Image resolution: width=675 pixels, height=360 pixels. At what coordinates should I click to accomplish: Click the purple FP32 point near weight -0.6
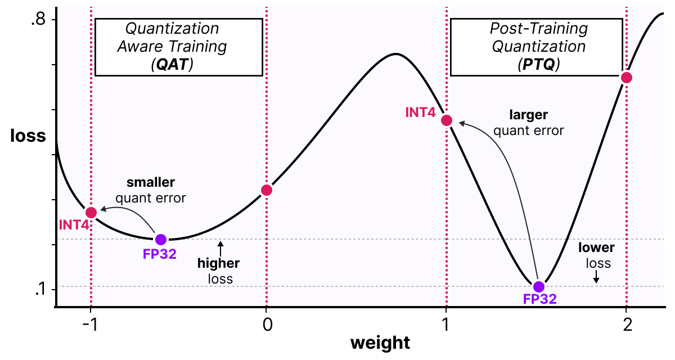click(161, 239)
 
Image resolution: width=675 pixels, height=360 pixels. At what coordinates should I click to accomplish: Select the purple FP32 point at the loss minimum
click(539, 287)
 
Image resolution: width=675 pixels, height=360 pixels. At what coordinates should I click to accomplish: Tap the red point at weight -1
click(91, 212)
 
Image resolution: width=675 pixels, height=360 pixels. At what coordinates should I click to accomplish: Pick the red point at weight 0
click(267, 190)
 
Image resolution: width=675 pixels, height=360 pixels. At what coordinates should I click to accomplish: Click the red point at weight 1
click(447, 120)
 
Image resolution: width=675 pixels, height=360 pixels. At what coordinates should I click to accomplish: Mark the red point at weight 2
click(626, 78)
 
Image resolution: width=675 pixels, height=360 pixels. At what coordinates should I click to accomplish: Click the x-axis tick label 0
click(267, 325)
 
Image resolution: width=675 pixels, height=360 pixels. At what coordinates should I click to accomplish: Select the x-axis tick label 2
click(626, 325)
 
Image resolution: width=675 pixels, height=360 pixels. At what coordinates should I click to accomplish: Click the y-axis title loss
click(28, 136)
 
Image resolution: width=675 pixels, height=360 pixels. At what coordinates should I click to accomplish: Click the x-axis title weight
click(380, 343)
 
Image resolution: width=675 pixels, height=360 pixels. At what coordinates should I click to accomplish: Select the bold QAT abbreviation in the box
click(172, 65)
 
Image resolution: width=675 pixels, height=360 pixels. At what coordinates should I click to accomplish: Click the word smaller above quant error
click(150, 182)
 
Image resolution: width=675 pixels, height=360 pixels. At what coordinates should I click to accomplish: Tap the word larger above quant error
click(528, 115)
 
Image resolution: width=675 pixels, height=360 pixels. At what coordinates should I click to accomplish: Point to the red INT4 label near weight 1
click(420, 112)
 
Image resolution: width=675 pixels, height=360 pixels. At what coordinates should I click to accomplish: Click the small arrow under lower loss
click(597, 277)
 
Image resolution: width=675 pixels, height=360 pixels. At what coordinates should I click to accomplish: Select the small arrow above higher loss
click(221, 246)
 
